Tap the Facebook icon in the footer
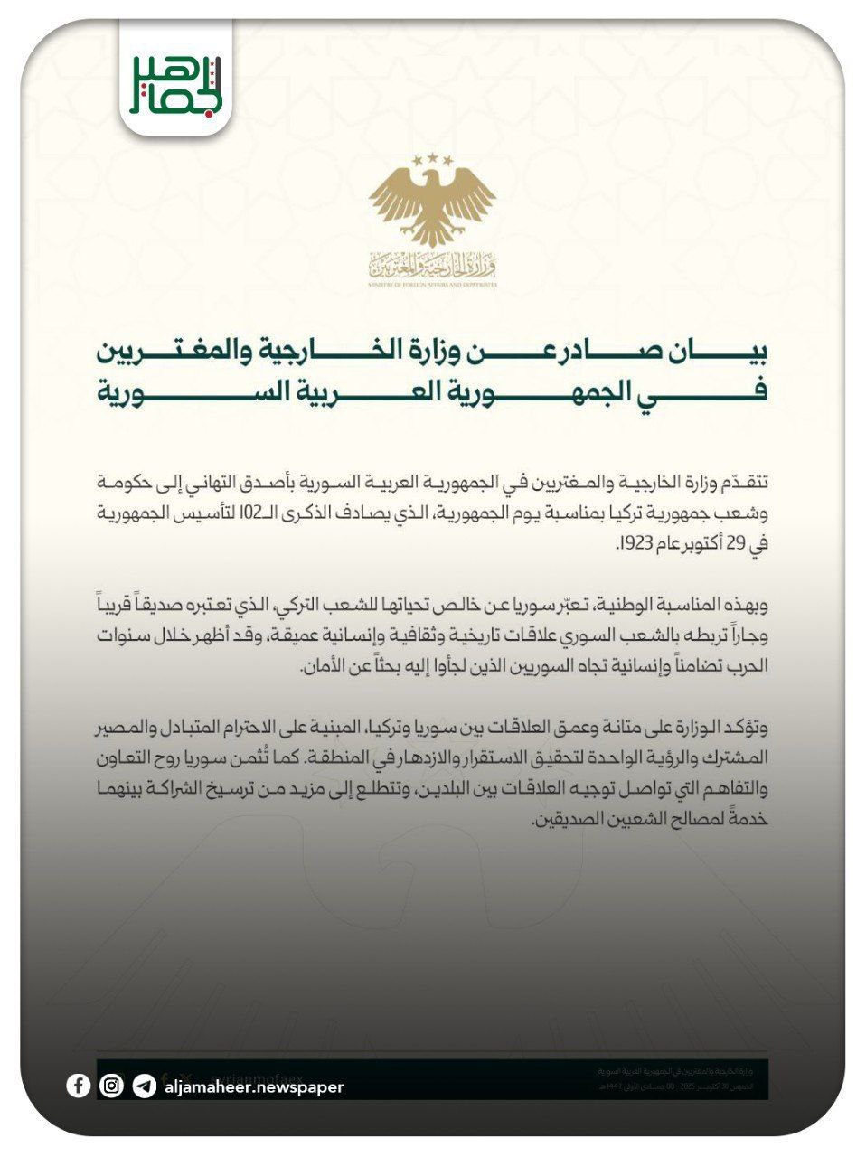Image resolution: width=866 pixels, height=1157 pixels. tap(78, 1086)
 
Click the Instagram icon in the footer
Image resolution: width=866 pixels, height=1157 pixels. tap(111, 1086)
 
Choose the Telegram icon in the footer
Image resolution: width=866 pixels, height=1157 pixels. tap(144, 1086)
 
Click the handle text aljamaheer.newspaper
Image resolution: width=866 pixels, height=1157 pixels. tap(254, 1086)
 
